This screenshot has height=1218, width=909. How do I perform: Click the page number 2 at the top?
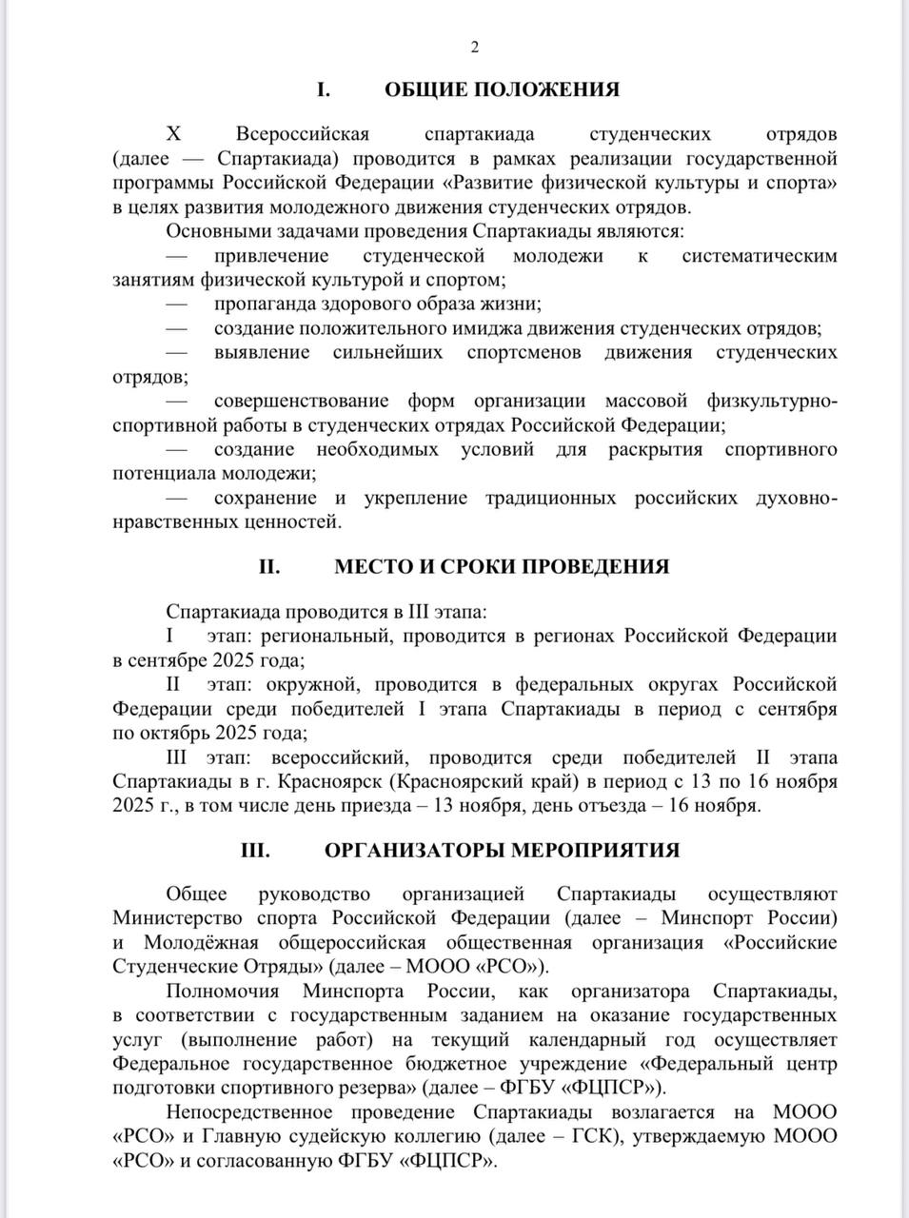474,49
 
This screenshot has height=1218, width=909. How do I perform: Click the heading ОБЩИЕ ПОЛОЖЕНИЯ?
502,89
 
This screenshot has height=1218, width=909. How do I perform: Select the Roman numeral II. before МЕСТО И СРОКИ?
269,566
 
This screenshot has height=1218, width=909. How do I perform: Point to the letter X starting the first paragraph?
172,133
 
